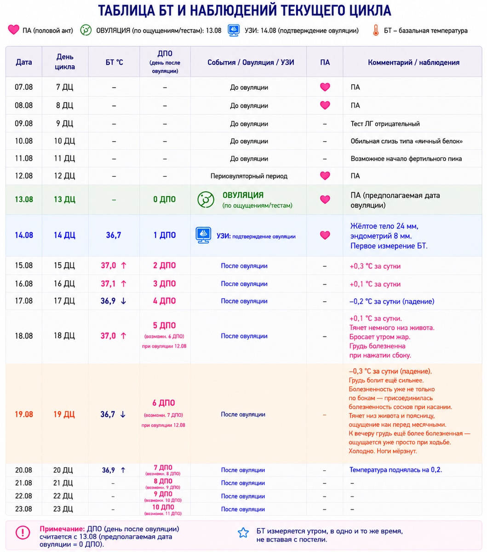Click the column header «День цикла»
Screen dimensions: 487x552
pyautogui.click(x=65, y=62)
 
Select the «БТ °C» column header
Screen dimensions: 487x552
pyautogui.click(x=114, y=63)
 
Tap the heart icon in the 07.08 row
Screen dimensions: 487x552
pyautogui.click(x=325, y=87)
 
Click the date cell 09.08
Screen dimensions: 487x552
pyautogui.click(x=24, y=123)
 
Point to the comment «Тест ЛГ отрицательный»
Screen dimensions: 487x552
pyautogui.click(x=385, y=124)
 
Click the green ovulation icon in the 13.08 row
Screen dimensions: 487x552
pyautogui.click(x=206, y=200)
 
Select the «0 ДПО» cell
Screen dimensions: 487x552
pyautogui.click(x=164, y=199)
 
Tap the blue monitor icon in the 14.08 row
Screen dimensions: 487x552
pyautogui.click(x=203, y=235)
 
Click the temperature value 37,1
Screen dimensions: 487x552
pyautogui.click(x=109, y=284)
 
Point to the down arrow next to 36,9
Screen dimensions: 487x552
pyautogui.click(x=123, y=301)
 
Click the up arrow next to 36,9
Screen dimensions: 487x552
pyautogui.click(x=123, y=470)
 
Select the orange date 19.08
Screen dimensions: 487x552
pyautogui.click(x=24, y=414)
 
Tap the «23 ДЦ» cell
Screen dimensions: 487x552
pyautogui.click(x=63, y=509)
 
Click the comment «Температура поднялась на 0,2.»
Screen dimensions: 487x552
pyautogui.click(x=395, y=470)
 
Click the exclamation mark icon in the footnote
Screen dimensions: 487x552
pyautogui.click(x=23, y=532)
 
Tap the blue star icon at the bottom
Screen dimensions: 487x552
pyautogui.click(x=243, y=533)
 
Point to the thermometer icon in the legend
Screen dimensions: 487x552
pyautogui.click(x=376, y=30)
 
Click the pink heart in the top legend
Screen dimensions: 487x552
pyautogui.click(x=13, y=29)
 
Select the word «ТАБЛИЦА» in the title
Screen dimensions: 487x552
pyautogui.click(x=126, y=11)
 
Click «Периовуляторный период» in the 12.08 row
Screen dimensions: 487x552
pyautogui.click(x=249, y=176)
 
